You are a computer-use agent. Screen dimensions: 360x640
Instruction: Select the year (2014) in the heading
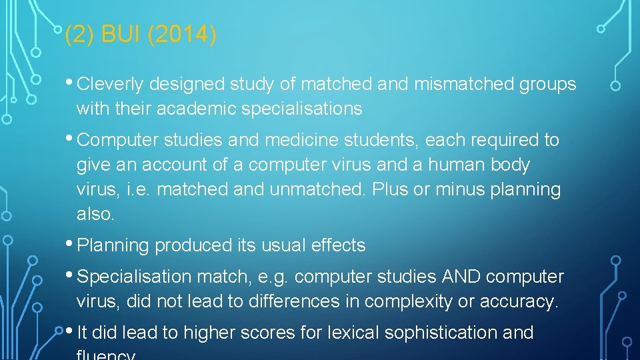(181, 35)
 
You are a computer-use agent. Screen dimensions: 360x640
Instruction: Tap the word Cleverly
(111, 84)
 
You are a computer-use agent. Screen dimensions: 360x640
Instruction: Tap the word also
(95, 214)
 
